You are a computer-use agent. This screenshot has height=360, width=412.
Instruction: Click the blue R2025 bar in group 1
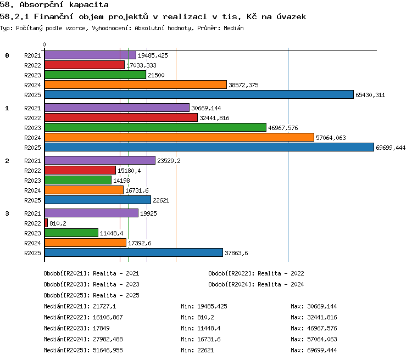pyautogui.click(x=209, y=147)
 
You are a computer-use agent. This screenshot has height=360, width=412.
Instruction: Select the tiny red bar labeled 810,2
pyautogui.click(x=46, y=223)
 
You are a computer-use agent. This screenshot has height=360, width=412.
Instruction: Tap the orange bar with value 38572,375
pyautogui.click(x=136, y=85)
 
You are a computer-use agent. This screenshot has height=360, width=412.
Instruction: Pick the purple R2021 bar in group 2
pyautogui.click(x=100, y=160)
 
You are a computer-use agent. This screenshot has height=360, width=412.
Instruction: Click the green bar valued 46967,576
pyautogui.click(x=155, y=127)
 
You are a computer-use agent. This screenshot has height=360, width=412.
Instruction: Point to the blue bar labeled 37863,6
pyautogui.click(x=133, y=252)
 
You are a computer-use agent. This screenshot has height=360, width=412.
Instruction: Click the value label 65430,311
pyautogui.click(x=370, y=95)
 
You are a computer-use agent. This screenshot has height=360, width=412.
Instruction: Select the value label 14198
pyautogui.click(x=121, y=181)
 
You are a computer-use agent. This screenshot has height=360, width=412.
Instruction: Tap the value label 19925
pyautogui.click(x=148, y=213)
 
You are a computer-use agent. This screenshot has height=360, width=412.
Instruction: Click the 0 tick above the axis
pyautogui.click(x=44, y=44)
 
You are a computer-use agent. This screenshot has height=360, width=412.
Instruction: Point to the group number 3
pyautogui.click(x=7, y=213)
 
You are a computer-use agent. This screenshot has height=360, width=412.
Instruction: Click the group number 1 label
pyautogui.click(x=7, y=108)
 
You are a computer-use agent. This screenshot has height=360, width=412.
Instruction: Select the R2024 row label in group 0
pyautogui.click(x=32, y=85)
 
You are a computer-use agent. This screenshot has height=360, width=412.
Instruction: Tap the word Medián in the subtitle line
pyautogui.click(x=233, y=28)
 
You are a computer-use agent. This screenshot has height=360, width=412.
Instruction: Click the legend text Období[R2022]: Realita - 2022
pyautogui.click(x=256, y=273)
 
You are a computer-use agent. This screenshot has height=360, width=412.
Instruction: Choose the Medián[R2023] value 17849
pyautogui.click(x=101, y=328)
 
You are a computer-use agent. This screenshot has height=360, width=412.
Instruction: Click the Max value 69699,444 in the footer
pyautogui.click(x=322, y=350)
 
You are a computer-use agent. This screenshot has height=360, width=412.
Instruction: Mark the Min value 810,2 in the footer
pyautogui.click(x=205, y=317)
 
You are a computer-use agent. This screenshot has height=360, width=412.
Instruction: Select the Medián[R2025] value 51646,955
pyautogui.click(x=108, y=350)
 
